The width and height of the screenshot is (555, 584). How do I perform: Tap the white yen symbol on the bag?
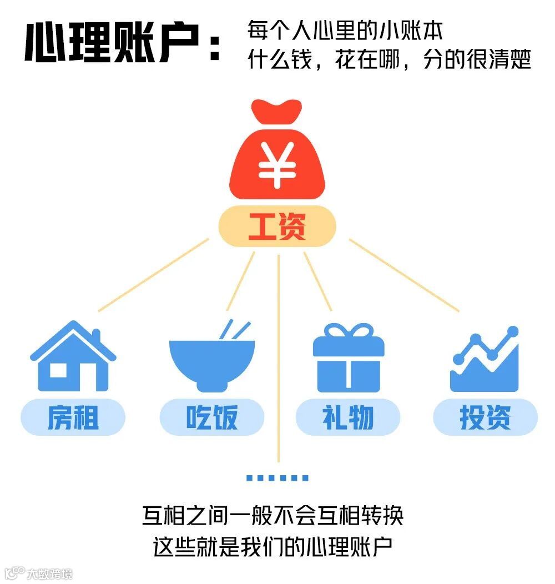point(276,166)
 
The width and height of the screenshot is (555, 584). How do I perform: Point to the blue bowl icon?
point(211,364)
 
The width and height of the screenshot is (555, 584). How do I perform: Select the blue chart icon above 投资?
point(485,361)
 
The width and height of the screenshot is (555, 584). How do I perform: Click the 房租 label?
point(73,417)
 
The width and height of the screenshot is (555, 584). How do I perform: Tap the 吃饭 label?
point(211,417)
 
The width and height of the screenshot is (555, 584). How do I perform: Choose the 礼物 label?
point(348,417)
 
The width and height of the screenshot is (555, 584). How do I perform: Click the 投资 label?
point(485,417)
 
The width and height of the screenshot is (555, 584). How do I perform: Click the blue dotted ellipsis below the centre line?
point(277,477)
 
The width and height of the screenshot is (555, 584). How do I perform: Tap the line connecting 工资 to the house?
point(153,275)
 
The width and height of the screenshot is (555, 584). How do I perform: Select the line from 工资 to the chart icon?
point(403,275)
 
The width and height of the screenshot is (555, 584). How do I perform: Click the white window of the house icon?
point(58,369)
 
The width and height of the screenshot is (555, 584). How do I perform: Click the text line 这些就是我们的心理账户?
point(273,546)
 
